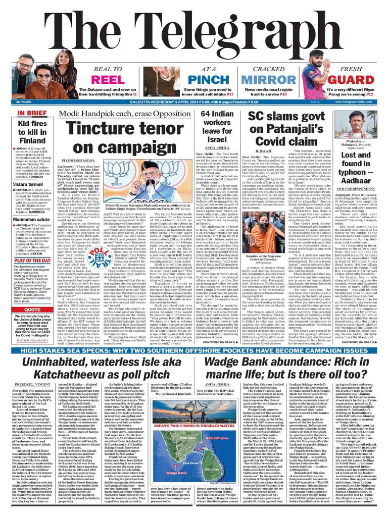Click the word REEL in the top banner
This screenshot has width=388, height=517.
107,80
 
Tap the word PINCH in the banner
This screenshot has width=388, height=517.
209,80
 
